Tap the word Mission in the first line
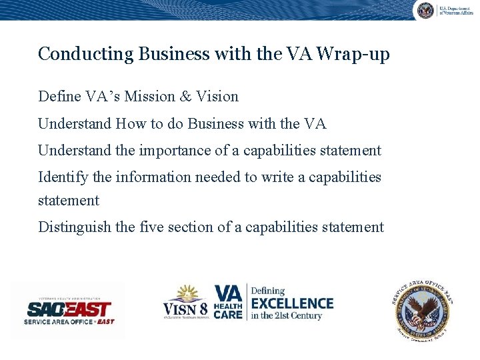tap(144, 97)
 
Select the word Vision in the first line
tap(217, 97)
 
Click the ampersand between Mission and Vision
tap(185, 97)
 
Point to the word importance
tap(175, 151)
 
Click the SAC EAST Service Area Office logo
tap(69, 311)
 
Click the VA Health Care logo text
tap(228, 302)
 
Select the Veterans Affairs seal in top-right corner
tap(425, 10)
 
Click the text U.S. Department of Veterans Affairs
tap(455, 10)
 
